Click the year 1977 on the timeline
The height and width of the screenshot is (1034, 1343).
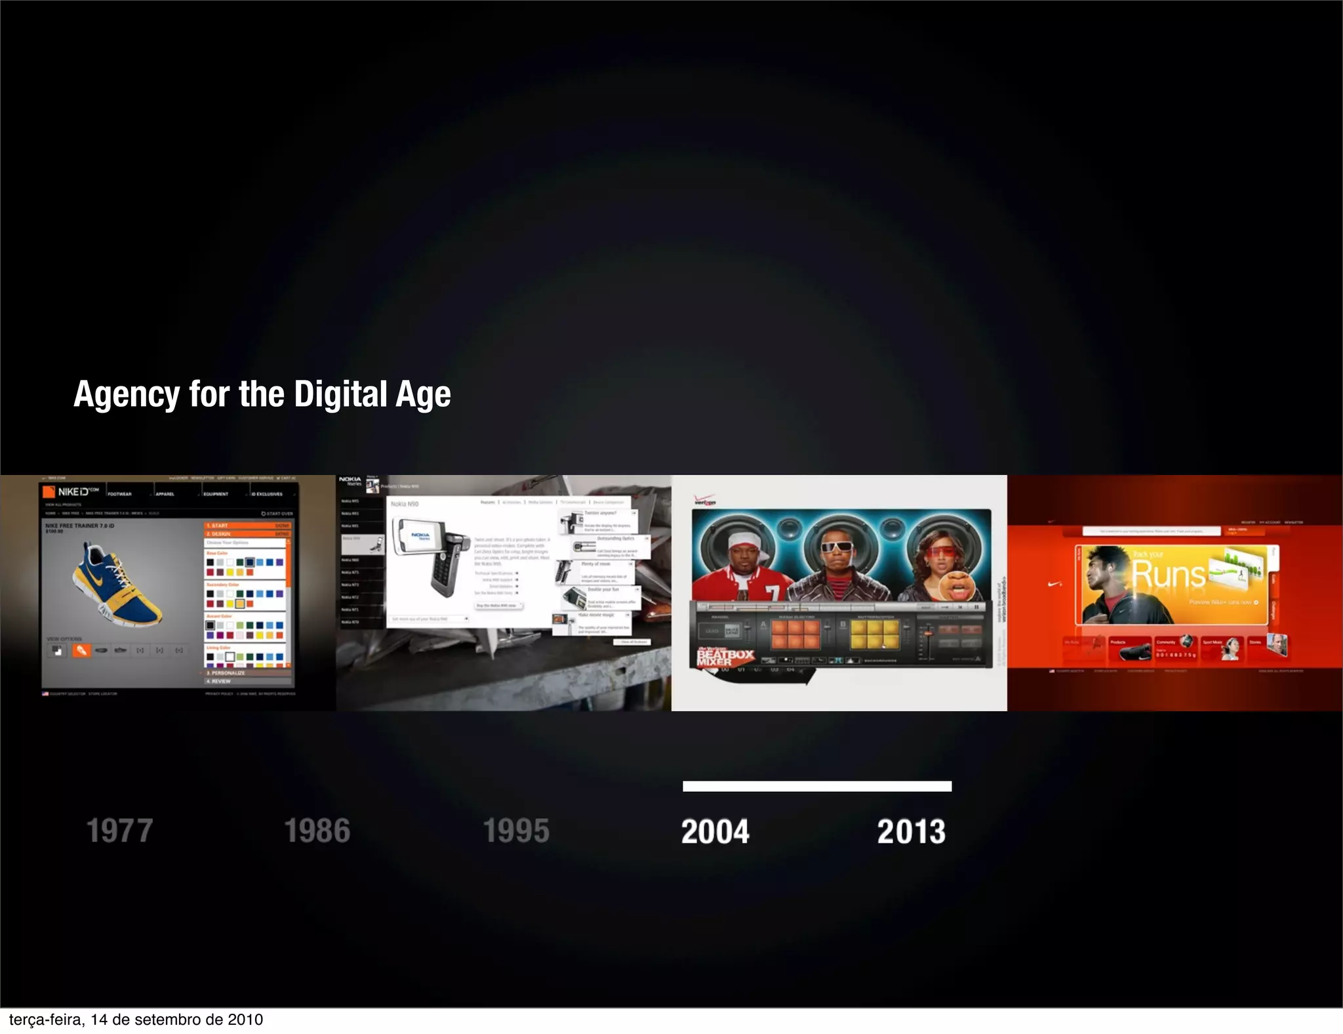pyautogui.click(x=119, y=831)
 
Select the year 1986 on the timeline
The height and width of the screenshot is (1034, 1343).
pyautogui.click(x=317, y=831)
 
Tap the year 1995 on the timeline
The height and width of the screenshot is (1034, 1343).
pyautogui.click(x=516, y=831)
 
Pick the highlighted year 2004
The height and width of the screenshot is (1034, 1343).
pyautogui.click(x=715, y=831)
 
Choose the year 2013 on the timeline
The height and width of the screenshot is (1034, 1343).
pyautogui.click(x=912, y=831)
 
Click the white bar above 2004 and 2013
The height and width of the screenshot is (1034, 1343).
pyautogui.click(x=816, y=786)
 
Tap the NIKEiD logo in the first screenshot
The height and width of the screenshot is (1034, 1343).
pyautogui.click(x=71, y=491)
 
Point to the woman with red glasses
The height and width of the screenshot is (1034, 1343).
pyautogui.click(x=942, y=564)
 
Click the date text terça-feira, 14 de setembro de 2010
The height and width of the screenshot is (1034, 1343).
pyautogui.click(x=136, y=1020)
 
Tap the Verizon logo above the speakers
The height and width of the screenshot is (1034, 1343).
pyautogui.click(x=705, y=501)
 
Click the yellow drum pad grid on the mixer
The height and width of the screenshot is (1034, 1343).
pyautogui.click(x=875, y=634)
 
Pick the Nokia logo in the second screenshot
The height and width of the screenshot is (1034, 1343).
pyautogui.click(x=350, y=480)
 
